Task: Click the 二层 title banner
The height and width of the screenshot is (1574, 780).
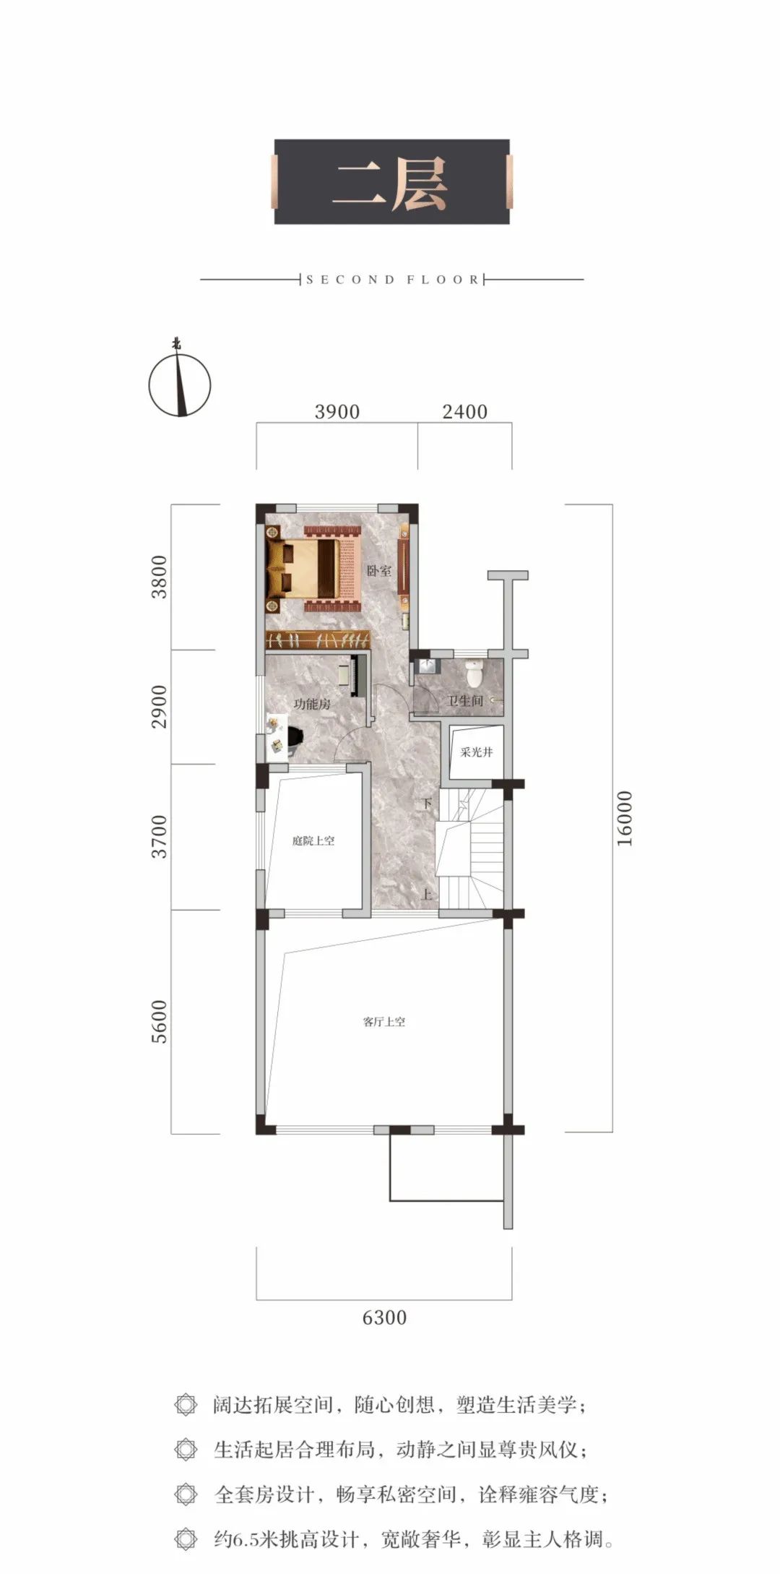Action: point(391,181)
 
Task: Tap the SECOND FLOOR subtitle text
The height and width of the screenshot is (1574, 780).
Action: point(392,280)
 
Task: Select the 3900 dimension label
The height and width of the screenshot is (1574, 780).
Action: point(337,412)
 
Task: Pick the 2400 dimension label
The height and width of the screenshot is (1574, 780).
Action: point(465,412)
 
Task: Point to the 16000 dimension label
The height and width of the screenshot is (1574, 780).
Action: point(625,818)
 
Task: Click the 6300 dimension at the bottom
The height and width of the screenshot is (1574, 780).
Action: point(384,1317)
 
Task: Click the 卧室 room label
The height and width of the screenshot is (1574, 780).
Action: point(379,571)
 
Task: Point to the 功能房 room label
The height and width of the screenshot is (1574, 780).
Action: point(312,704)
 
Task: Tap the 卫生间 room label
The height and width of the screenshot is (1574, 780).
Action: point(465,700)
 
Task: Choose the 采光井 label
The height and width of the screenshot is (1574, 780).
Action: point(477,752)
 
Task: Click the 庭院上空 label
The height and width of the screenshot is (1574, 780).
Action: point(313,841)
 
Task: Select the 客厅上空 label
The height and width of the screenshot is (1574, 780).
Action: point(383,1023)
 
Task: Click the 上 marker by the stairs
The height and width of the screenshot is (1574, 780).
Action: point(427,894)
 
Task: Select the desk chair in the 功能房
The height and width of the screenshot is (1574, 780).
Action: point(295,736)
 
